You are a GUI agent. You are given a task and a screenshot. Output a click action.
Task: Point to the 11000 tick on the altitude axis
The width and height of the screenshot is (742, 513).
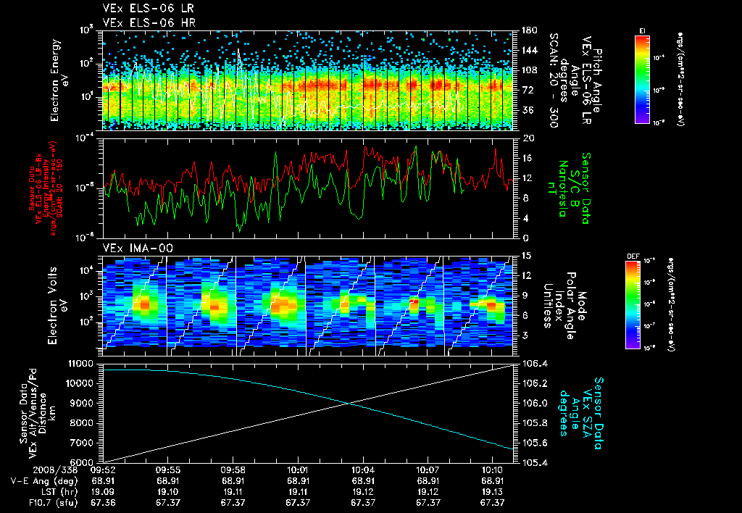(x=84, y=363)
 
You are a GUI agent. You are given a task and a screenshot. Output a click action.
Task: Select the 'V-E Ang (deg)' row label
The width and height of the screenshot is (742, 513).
(x=38, y=480)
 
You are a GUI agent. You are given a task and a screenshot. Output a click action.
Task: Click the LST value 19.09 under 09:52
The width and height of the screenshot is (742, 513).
(x=103, y=491)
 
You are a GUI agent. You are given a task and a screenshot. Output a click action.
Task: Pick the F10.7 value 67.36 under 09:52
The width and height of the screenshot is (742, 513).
(x=103, y=502)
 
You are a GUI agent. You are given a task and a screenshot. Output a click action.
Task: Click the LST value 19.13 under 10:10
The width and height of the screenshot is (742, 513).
(x=493, y=491)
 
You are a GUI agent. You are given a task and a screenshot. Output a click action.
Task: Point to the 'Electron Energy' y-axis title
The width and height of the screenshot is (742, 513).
(x=54, y=80)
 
